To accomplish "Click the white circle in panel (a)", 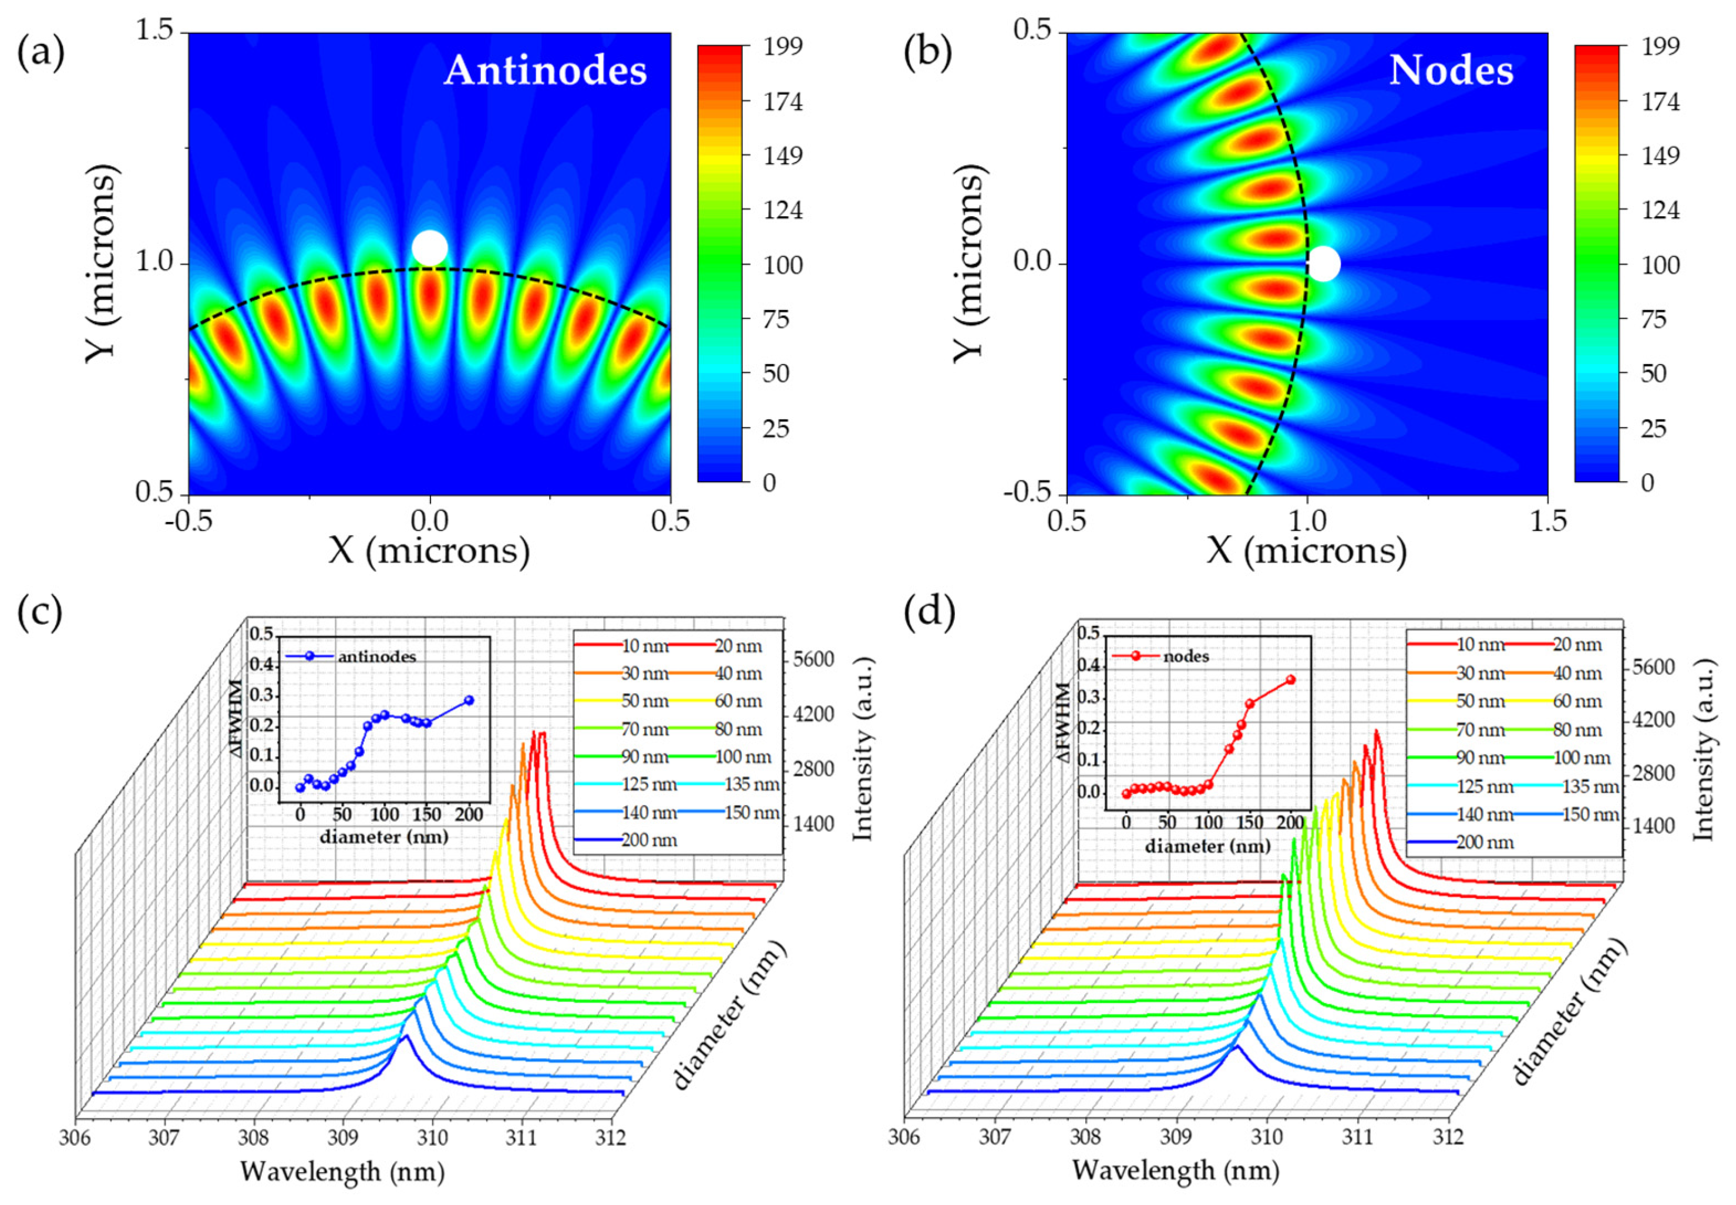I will click(430, 248).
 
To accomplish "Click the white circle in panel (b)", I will click(1323, 264).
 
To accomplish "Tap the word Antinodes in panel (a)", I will click(545, 71).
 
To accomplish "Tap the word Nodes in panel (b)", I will click(1451, 71).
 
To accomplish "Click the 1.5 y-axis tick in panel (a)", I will click(153, 32).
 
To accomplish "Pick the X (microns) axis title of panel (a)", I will click(429, 551).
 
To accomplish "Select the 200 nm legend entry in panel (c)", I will click(648, 840).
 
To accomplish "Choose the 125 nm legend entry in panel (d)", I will click(1484, 787).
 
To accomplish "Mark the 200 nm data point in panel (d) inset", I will click(1290, 679).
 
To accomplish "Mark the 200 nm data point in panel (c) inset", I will click(469, 700).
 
